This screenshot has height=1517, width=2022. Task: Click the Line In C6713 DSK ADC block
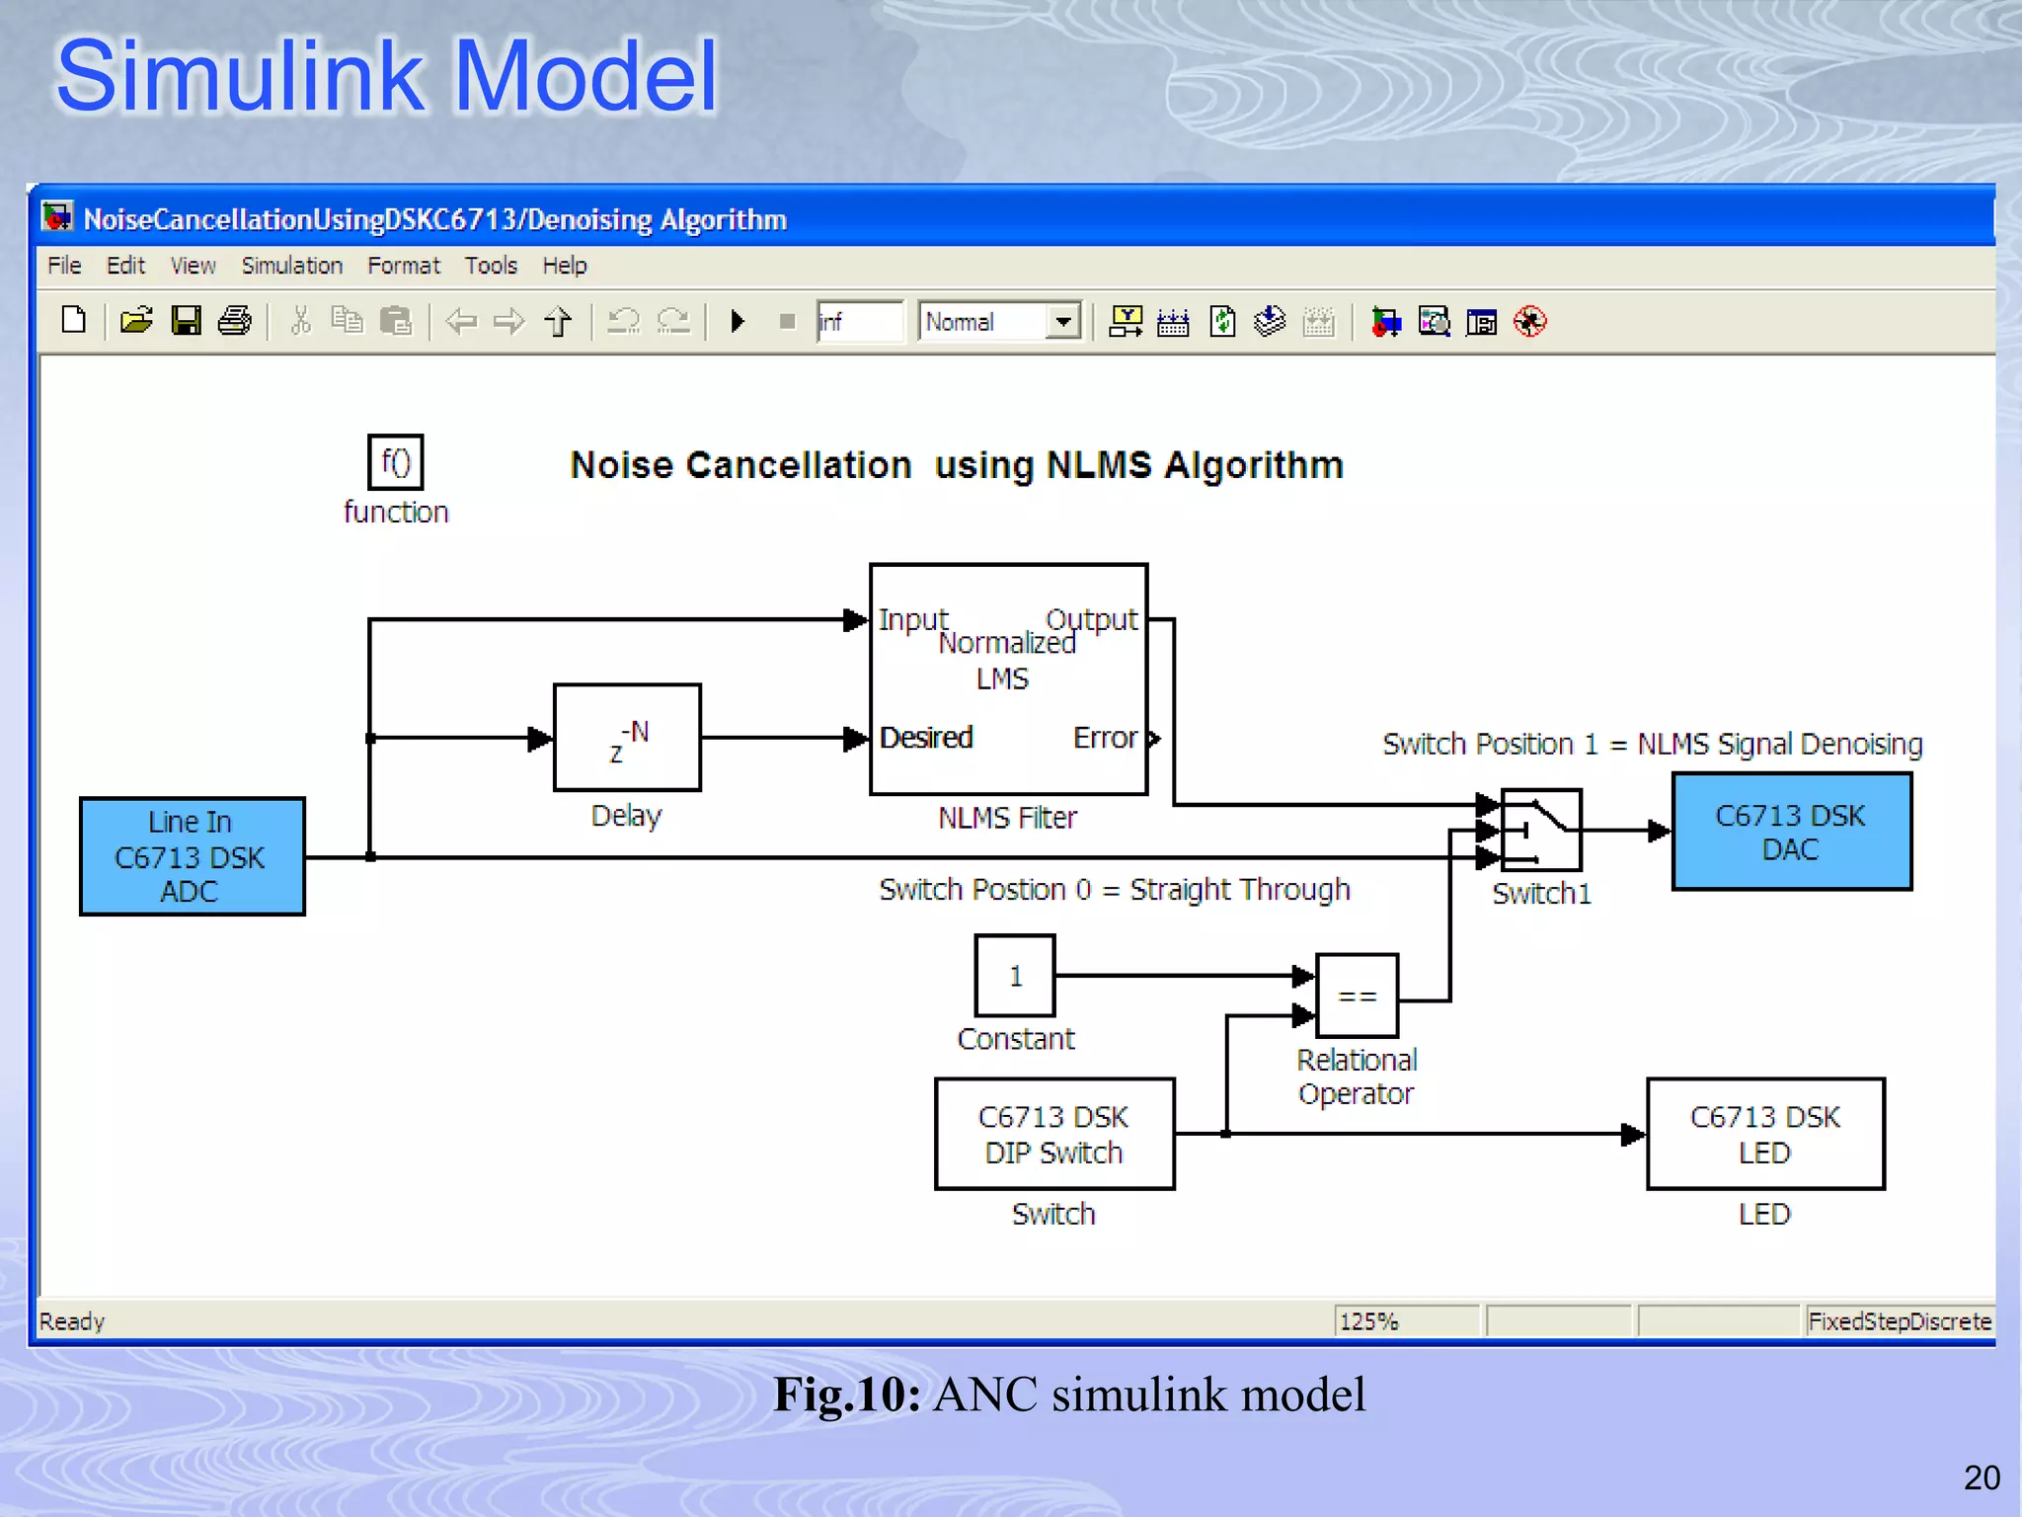(192, 856)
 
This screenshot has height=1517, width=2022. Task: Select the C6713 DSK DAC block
(1791, 832)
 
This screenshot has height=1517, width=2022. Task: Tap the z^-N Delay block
(627, 738)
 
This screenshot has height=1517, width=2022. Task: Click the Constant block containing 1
(1015, 976)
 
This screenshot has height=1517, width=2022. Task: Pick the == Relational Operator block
(1357, 996)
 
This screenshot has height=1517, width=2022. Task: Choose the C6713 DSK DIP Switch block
(1054, 1134)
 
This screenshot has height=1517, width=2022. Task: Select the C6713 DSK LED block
(1765, 1134)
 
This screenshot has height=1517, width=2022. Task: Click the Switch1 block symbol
(1540, 830)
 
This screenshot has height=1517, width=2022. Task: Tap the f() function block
(395, 462)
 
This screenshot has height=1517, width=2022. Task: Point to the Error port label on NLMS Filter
(1106, 738)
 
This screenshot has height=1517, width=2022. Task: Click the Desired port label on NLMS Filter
(926, 738)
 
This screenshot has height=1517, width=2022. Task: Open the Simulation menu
(291, 266)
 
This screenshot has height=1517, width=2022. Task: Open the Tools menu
(491, 266)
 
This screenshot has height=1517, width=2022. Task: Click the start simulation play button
(737, 321)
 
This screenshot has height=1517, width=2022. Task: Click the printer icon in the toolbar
(234, 321)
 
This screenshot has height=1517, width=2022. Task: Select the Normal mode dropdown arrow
(1063, 321)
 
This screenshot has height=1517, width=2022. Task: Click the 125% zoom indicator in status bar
(1369, 1321)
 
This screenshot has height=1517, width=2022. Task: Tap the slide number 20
(1982, 1477)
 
